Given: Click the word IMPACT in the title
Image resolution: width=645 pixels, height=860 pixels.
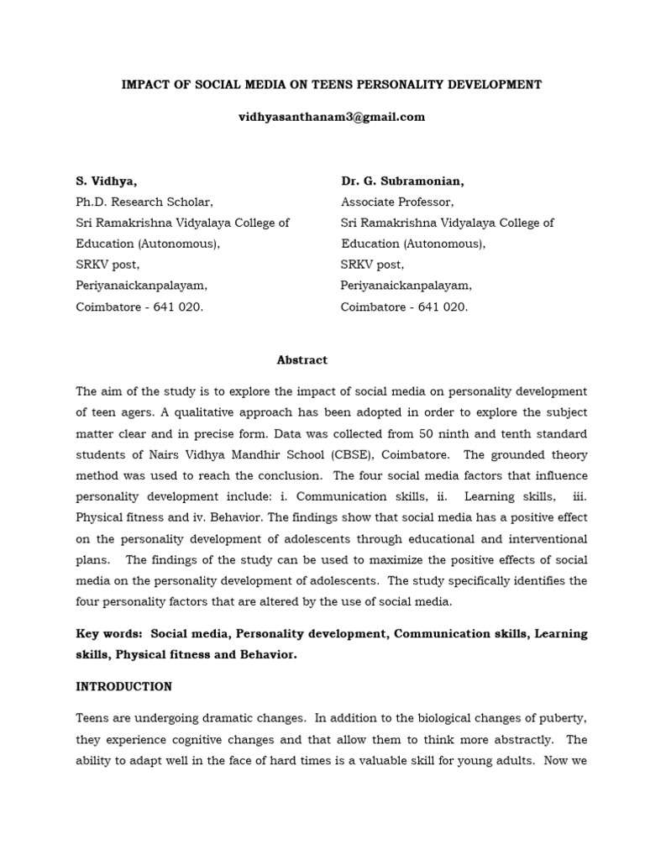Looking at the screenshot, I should (x=144, y=84).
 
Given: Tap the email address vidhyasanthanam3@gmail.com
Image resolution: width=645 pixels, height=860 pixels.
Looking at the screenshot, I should (x=332, y=117).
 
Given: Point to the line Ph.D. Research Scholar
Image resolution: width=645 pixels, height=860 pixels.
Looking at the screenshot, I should (x=144, y=202).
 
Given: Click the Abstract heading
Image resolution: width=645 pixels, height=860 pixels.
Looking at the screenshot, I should (x=302, y=359).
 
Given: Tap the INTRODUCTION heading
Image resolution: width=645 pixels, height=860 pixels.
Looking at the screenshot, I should (x=124, y=686).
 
